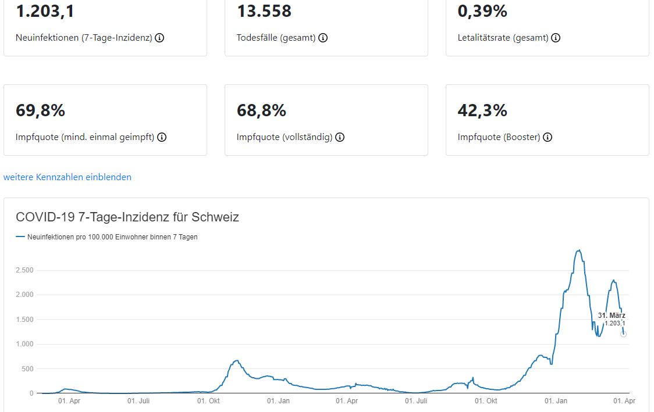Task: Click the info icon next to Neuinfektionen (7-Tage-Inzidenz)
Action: (159, 38)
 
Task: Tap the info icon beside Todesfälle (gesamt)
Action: (323, 38)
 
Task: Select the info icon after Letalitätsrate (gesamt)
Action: (556, 38)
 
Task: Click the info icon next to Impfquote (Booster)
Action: (548, 137)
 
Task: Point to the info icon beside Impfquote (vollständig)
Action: (340, 137)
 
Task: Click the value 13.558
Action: (264, 11)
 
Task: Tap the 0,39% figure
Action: (482, 11)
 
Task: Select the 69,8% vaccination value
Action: (40, 110)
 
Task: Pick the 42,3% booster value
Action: (482, 110)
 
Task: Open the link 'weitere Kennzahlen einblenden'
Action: (67, 177)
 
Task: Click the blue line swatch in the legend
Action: (20, 237)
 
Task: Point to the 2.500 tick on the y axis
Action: (23, 270)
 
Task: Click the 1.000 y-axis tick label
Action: (23, 344)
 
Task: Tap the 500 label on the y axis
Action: (27, 368)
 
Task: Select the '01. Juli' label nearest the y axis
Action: (139, 401)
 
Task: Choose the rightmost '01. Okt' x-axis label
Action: (486, 401)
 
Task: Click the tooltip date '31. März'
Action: (612, 315)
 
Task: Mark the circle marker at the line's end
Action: (624, 334)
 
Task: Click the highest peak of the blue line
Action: (578, 250)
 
